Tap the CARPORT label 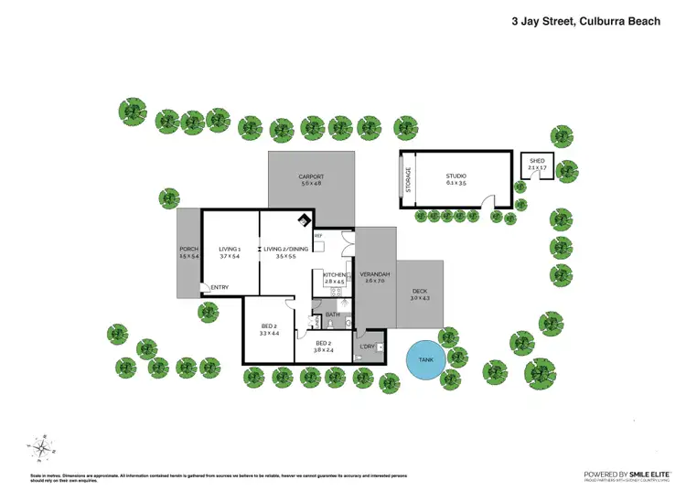pos(311,177)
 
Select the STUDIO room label pos(456,176)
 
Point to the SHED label pos(537,161)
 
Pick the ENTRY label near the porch pos(220,288)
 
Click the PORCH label pos(188,250)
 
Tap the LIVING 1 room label pos(230,249)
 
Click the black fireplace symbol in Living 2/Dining pos(305,219)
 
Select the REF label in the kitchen pos(318,237)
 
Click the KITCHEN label pos(334,274)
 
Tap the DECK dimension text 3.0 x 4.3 pos(420,298)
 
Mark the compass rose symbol pos(43,448)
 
